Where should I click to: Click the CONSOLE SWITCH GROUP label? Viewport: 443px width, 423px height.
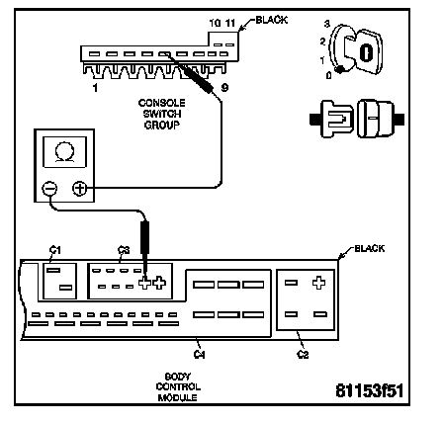[161, 114]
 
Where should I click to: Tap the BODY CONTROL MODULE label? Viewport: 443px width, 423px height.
[178, 386]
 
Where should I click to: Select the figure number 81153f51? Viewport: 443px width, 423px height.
[370, 391]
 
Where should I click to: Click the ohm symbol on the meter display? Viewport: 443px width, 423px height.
[65, 152]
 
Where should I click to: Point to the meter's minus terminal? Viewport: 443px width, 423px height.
[49, 189]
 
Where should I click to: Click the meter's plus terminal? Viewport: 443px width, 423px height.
[80, 189]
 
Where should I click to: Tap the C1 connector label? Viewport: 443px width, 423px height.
[55, 251]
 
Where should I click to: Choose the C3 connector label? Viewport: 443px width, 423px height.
[124, 250]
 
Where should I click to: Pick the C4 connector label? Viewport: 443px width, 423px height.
[200, 354]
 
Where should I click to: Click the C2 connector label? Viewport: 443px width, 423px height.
[303, 355]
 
